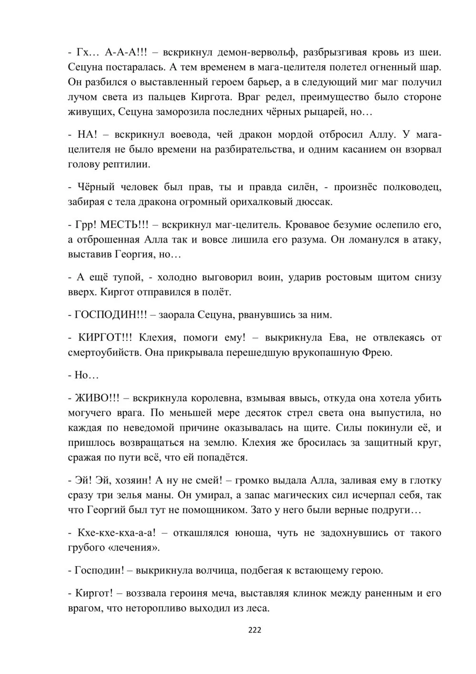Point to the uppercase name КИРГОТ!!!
pyautogui.click(x=104, y=337)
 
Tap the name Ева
pyautogui.click(x=339, y=337)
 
